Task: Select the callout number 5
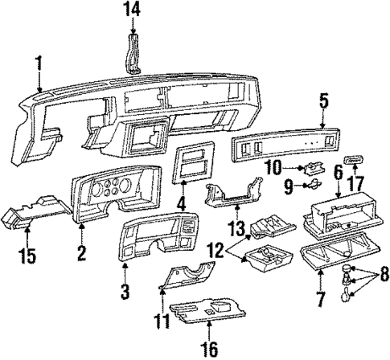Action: tap(323, 100)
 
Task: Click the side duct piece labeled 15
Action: tap(32, 218)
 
